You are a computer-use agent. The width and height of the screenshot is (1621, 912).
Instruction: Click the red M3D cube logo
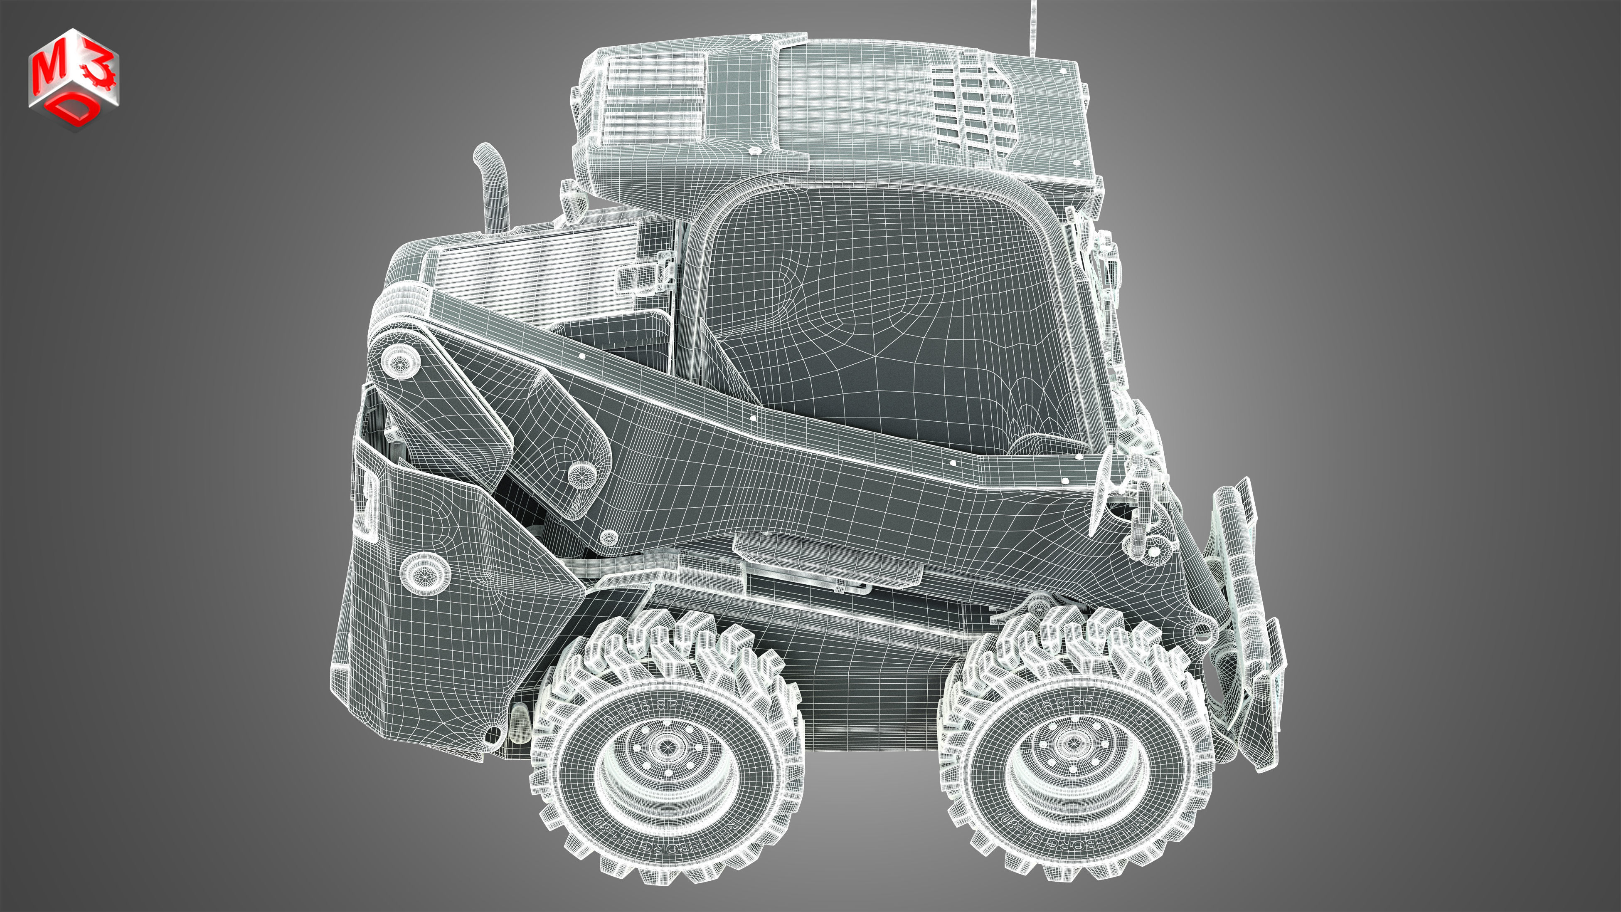(74, 79)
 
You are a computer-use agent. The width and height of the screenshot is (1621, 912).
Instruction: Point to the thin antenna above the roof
(1032, 25)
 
